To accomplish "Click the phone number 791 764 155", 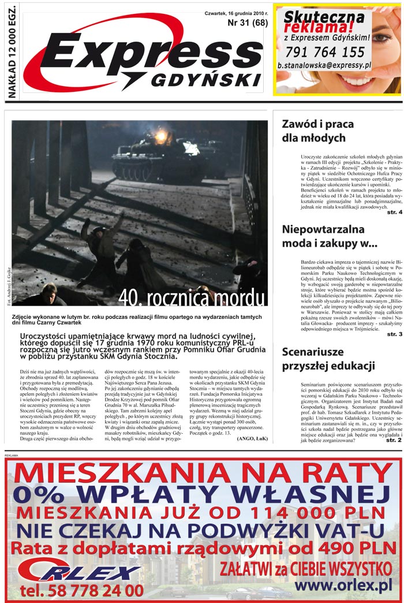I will (325, 52).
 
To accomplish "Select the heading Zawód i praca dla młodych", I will (313, 131).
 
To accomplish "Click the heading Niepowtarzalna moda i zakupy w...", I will (329, 236).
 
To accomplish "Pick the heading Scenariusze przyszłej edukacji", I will (320, 359).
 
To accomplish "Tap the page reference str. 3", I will (394, 334).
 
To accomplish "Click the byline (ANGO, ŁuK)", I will (252, 439).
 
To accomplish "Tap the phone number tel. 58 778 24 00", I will (81, 590).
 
